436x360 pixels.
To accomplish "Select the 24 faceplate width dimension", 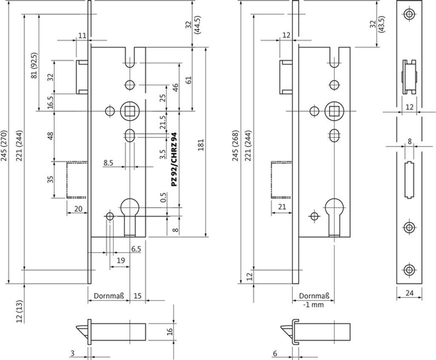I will pyautogui.click(x=410, y=293).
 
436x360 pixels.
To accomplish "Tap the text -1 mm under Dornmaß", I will pyautogui.click(x=313, y=304).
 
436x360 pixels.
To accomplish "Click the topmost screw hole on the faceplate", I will pyautogui.click(x=410, y=14).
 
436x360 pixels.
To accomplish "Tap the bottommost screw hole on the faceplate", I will pyautogui.click(x=410, y=269).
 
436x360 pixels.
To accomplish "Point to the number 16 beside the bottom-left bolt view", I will pyautogui.click(x=169, y=331).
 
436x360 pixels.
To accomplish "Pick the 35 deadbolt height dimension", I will pyautogui.click(x=50, y=179).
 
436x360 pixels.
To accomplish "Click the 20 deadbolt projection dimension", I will pyautogui.click(x=77, y=209).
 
